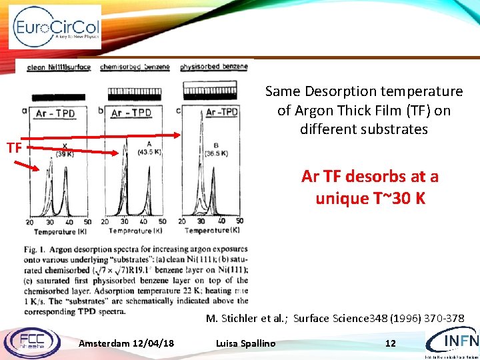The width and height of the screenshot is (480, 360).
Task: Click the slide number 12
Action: [x=391, y=343]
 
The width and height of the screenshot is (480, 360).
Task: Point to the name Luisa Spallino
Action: [x=245, y=343]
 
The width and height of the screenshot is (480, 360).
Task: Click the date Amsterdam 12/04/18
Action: [x=127, y=343]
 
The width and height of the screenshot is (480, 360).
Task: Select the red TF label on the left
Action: [x=14, y=147]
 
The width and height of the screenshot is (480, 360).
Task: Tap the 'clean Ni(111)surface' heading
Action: [x=58, y=67]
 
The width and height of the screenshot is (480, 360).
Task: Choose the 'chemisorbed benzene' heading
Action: [x=136, y=67]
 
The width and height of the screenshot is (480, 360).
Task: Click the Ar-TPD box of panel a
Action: [x=55, y=113]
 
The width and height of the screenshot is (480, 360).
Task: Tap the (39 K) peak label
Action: [x=64, y=153]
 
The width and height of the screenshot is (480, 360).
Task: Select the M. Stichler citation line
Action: [x=335, y=318]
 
